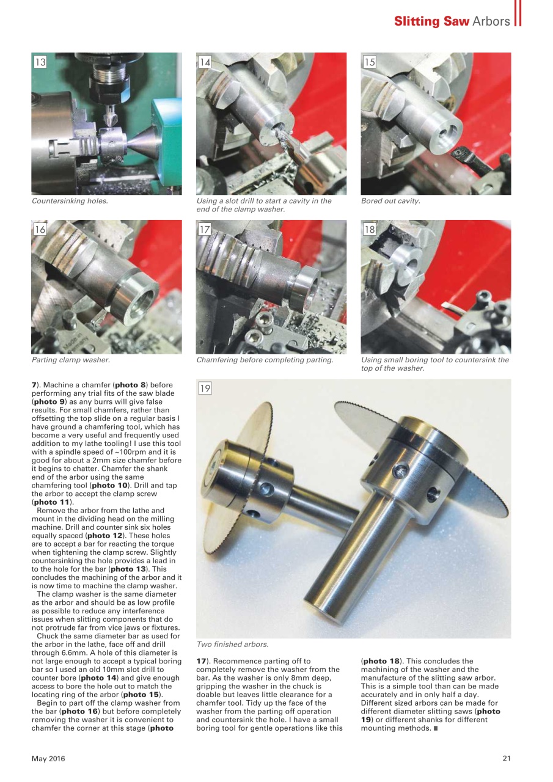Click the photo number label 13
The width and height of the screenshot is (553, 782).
[x=40, y=62]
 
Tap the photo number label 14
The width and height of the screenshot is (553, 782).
[x=205, y=62]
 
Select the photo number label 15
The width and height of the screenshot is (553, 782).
[x=370, y=62]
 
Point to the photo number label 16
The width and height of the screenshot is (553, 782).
[x=40, y=230]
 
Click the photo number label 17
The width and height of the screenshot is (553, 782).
[x=205, y=230]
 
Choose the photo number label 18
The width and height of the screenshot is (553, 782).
[x=370, y=230]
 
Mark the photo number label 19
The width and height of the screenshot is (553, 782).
[x=205, y=389]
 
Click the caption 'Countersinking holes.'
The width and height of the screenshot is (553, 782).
[x=70, y=201]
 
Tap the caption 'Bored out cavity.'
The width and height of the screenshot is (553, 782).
[x=390, y=201]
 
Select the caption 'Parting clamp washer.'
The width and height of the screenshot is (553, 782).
[x=71, y=360]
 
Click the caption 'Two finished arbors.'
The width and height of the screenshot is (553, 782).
[x=232, y=644]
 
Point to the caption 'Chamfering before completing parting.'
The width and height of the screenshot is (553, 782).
[x=265, y=360]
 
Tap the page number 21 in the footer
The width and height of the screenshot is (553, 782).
[x=506, y=759]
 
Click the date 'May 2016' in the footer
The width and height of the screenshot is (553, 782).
[x=48, y=759]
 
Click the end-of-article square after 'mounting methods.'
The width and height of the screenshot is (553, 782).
[x=436, y=729]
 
